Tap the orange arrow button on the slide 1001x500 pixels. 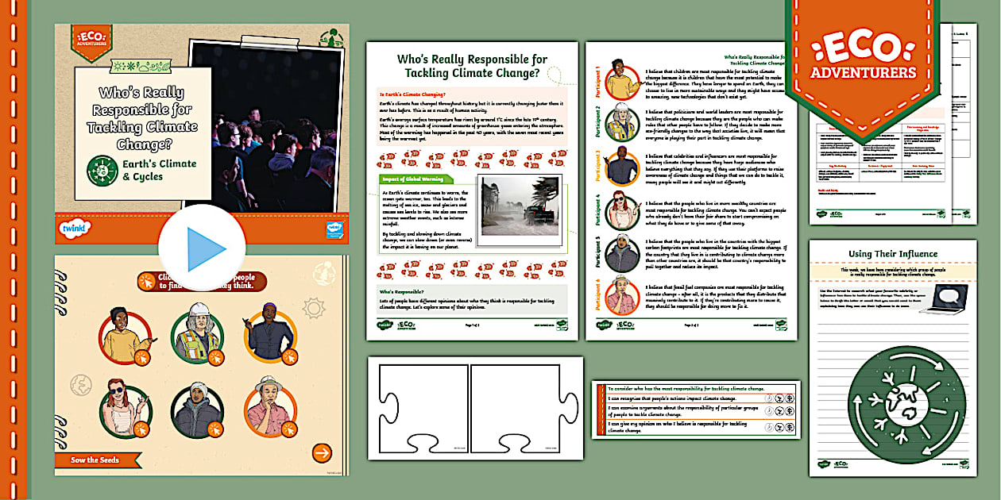pos(321,452)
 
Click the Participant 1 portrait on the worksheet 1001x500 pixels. pos(622,79)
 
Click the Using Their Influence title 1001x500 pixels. pos(893,254)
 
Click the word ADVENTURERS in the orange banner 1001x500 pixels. pos(863,74)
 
